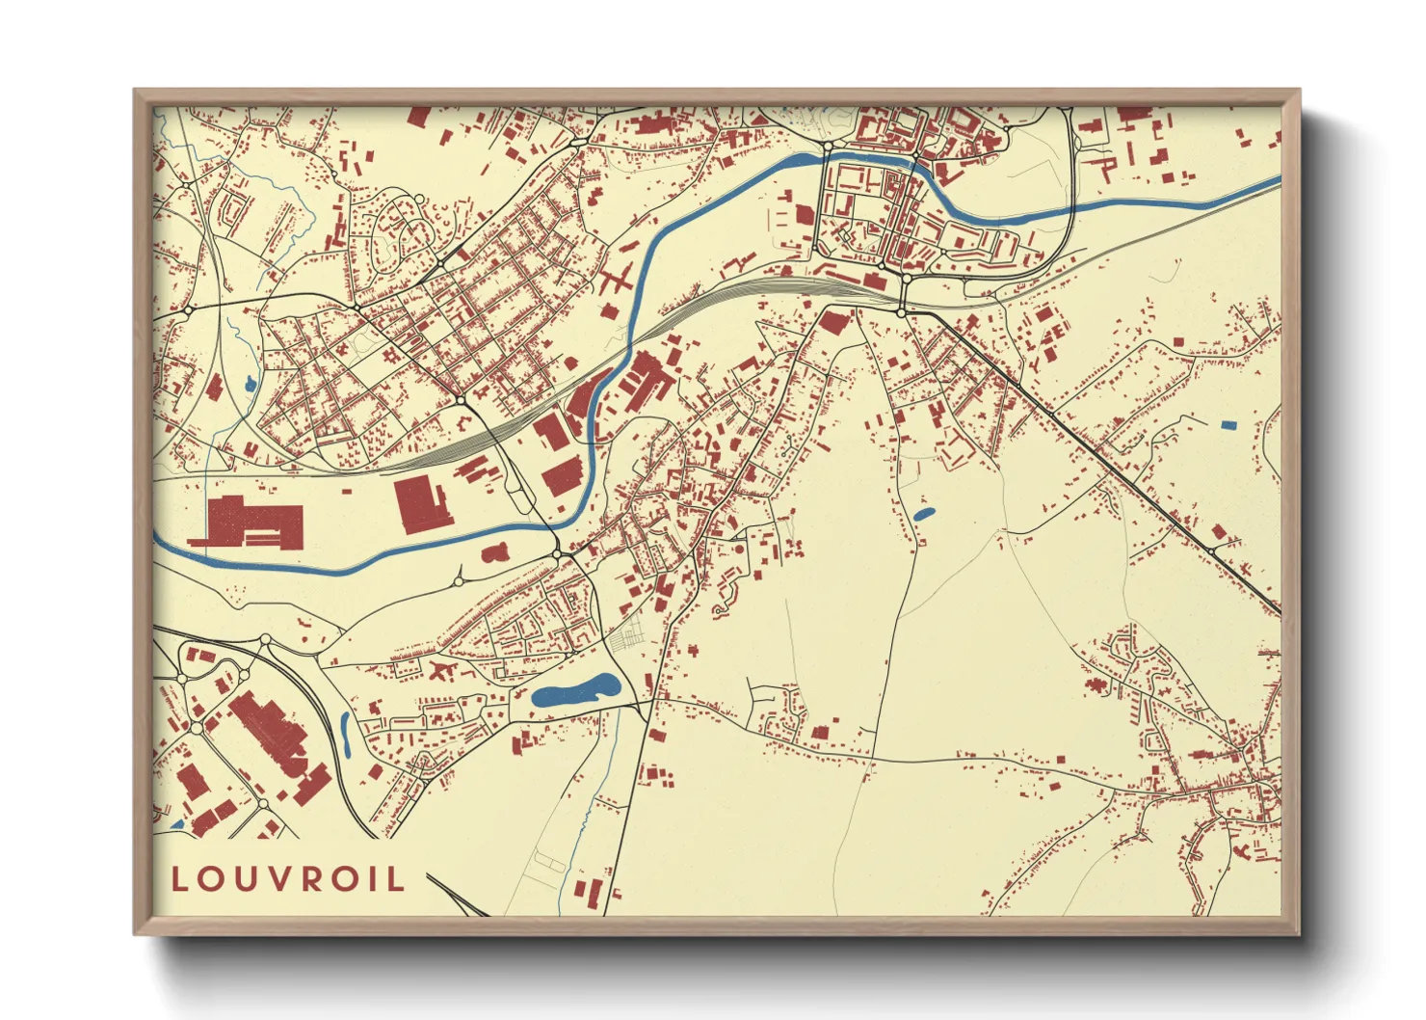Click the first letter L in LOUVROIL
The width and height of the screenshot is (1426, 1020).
[179, 878]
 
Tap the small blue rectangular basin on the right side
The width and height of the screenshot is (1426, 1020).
[1228, 424]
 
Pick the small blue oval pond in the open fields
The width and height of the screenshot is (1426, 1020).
[924, 515]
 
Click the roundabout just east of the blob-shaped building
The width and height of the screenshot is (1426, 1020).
[557, 554]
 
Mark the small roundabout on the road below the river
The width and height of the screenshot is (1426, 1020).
[457, 581]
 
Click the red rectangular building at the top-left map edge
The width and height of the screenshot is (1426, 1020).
[419, 117]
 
